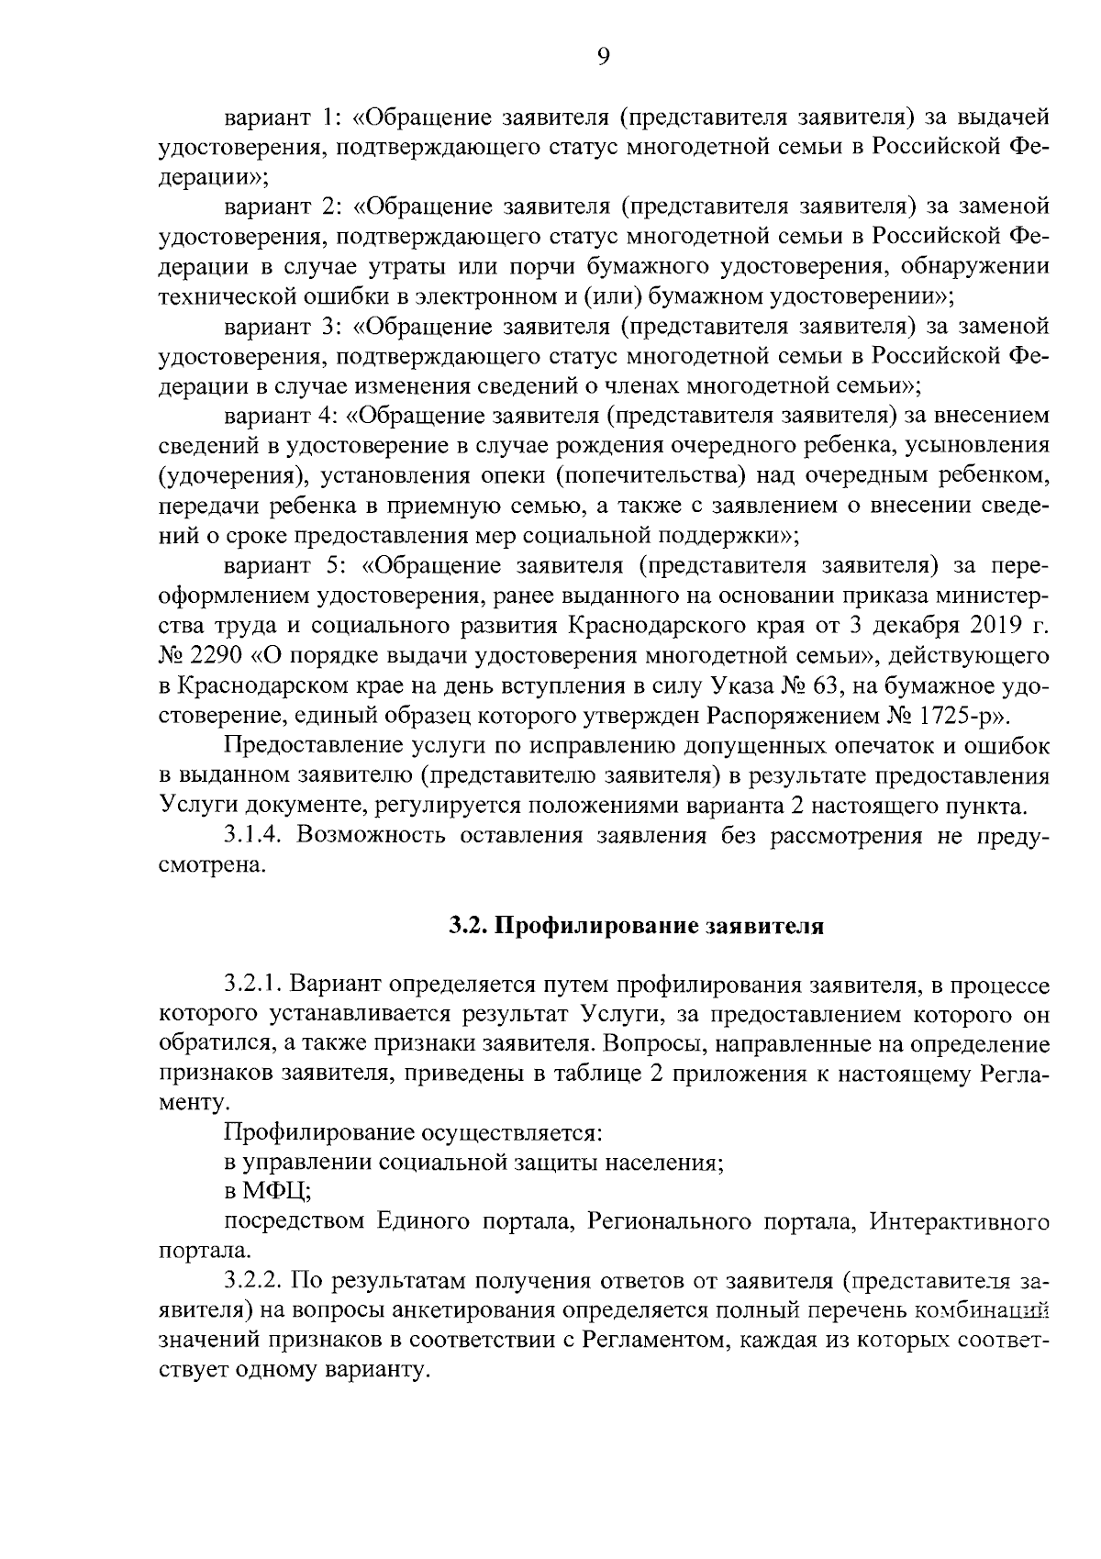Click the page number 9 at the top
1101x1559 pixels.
coord(602,57)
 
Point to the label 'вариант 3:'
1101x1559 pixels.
coord(283,326)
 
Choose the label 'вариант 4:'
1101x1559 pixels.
coord(283,416)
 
